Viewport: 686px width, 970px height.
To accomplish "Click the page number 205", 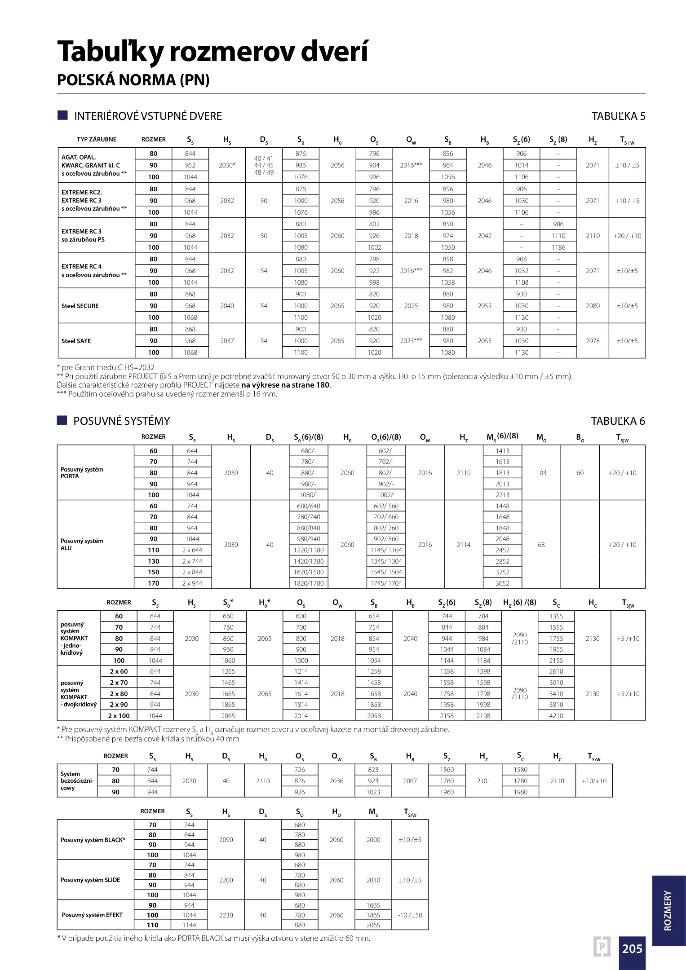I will tap(632, 948).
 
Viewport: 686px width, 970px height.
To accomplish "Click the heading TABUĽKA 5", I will tap(618, 116).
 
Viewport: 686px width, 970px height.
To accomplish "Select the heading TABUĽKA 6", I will tap(618, 421).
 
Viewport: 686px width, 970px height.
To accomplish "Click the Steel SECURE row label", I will tap(80, 306).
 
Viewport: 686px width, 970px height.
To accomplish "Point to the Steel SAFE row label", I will tap(76, 341).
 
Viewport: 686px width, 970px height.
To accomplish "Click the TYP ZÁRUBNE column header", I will tap(96, 139).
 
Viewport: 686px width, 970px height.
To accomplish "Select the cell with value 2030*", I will tap(227, 165).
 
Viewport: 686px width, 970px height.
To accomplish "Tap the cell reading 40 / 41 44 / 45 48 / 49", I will tap(264, 165).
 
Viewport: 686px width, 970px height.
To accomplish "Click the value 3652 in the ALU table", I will tap(502, 583).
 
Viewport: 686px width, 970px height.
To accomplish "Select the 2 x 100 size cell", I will tap(119, 716).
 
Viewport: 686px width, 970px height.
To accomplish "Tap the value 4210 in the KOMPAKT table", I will tap(556, 716).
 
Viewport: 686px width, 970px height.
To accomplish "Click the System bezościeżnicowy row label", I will tap(77, 781).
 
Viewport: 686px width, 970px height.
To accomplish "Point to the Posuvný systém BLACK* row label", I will tap(93, 840).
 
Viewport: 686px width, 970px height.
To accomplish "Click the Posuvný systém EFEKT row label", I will tap(92, 915).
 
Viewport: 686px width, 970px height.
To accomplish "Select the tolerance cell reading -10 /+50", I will tap(410, 915).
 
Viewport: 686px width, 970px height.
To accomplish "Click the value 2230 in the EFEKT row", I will tap(226, 915).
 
